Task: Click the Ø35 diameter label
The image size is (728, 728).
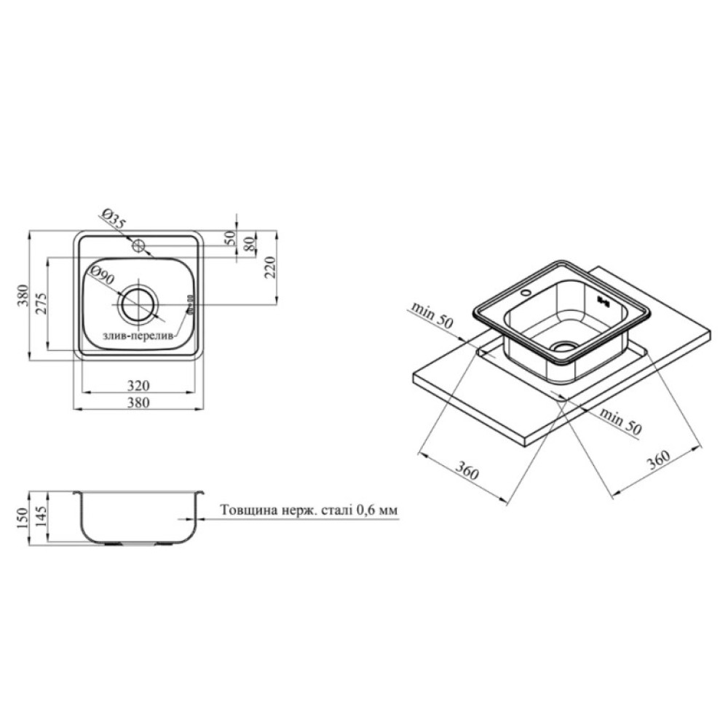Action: tap(114, 219)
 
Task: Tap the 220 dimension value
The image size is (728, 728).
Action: tap(270, 267)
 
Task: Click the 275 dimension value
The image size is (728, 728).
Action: tap(40, 303)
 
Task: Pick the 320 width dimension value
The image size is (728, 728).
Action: tap(138, 386)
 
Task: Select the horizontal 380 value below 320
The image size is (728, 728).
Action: tap(138, 402)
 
